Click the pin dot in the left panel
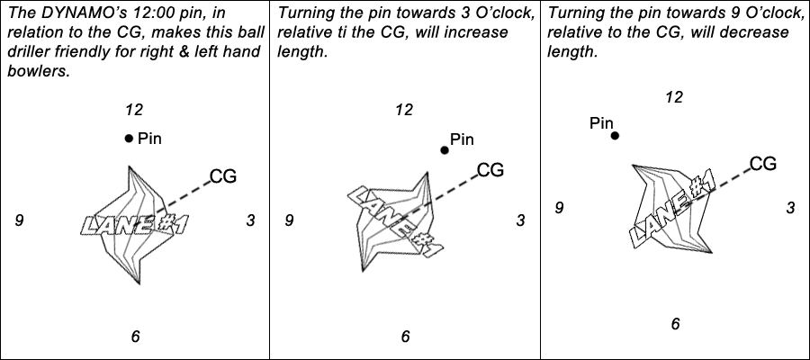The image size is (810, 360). [129, 138]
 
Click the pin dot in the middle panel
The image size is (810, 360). [444, 149]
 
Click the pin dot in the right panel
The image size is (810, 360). [615, 136]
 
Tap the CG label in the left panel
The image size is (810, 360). [222, 176]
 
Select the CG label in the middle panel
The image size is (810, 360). [490, 169]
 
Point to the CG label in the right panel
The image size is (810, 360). [762, 163]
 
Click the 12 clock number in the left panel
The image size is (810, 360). [134, 110]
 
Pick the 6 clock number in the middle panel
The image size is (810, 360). [405, 336]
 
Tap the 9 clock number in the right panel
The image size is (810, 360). [559, 208]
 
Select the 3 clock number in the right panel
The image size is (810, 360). [790, 208]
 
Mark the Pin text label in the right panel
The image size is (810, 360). [601, 123]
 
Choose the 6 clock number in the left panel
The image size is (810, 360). [135, 336]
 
